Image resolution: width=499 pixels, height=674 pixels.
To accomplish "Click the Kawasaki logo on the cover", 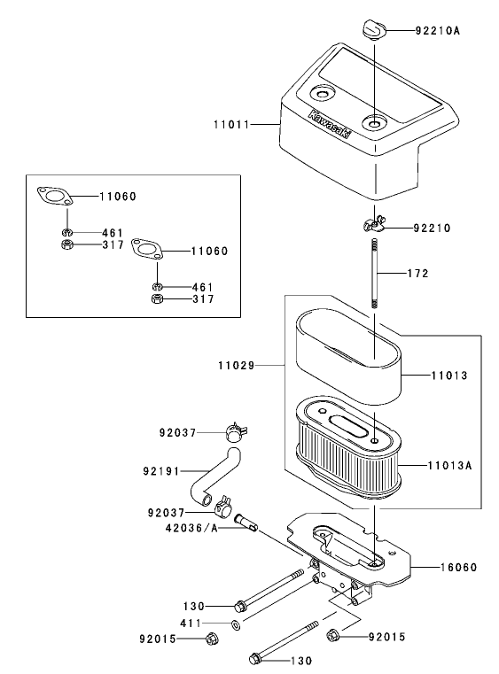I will tap(329, 125).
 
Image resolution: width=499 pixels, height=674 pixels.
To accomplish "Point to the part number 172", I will tap(417, 274).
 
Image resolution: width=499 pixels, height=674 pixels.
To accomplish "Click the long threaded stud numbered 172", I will tap(375, 275).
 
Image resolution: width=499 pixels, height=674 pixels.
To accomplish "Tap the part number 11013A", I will tap(450, 463).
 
